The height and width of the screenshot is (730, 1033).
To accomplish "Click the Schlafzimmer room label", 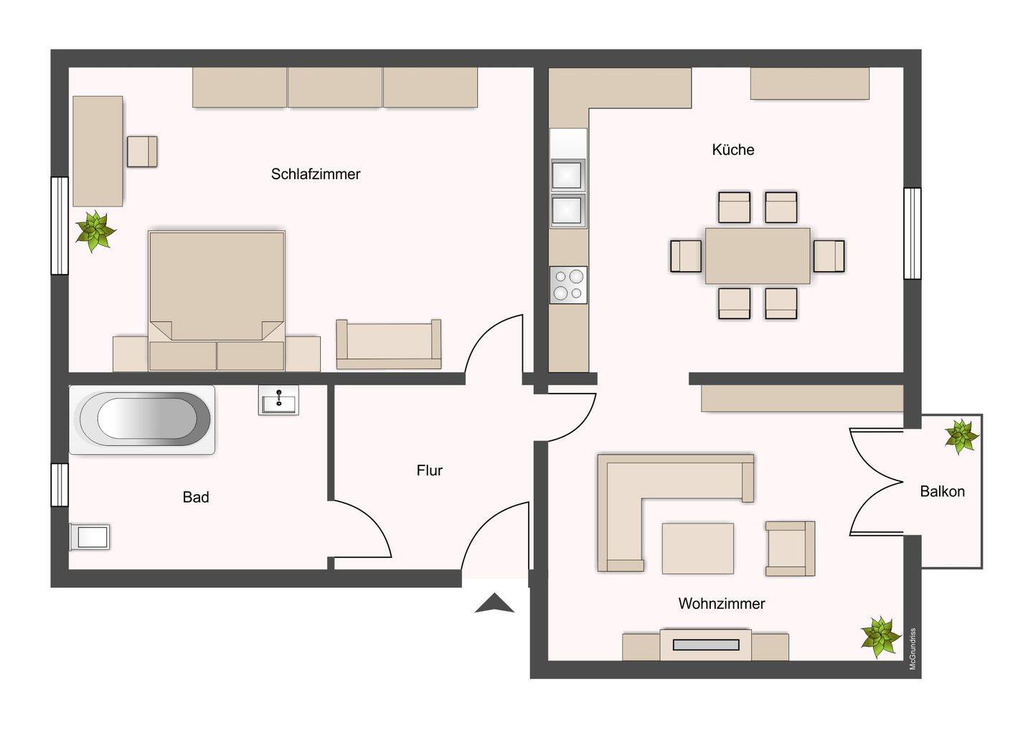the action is pos(316,174).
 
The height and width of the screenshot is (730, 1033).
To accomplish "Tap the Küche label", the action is pos(733,149).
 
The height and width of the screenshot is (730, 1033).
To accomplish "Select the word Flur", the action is pos(429,470).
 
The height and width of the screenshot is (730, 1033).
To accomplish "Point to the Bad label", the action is pos(196,497).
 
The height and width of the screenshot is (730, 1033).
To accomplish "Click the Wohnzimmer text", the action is pos(721,603).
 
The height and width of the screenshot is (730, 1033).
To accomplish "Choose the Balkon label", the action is pos(942,491).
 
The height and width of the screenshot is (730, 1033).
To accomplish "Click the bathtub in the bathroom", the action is pos(142,419).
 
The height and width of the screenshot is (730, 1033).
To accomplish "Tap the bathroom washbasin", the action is pos(278,400).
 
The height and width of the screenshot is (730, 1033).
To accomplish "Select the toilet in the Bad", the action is pos(90,537).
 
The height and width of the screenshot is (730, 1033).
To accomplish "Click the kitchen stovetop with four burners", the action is pos(568,285).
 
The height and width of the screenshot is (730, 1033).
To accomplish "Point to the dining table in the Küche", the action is pos(758,255).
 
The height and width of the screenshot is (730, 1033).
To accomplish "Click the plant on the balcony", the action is pos(961,436).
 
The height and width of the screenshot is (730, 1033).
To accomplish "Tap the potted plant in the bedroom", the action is pos(95,232).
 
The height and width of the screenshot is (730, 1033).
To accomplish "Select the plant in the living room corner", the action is pos(880,637).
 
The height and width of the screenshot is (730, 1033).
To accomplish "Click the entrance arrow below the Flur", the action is pos(494,603).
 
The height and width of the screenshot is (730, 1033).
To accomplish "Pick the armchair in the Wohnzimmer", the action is pos(790,549).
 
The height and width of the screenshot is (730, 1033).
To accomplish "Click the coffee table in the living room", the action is pos(698,549).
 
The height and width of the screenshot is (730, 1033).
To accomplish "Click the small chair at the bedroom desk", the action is pos(142,151).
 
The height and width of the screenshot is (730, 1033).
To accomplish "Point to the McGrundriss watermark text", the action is pos(912,648).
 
